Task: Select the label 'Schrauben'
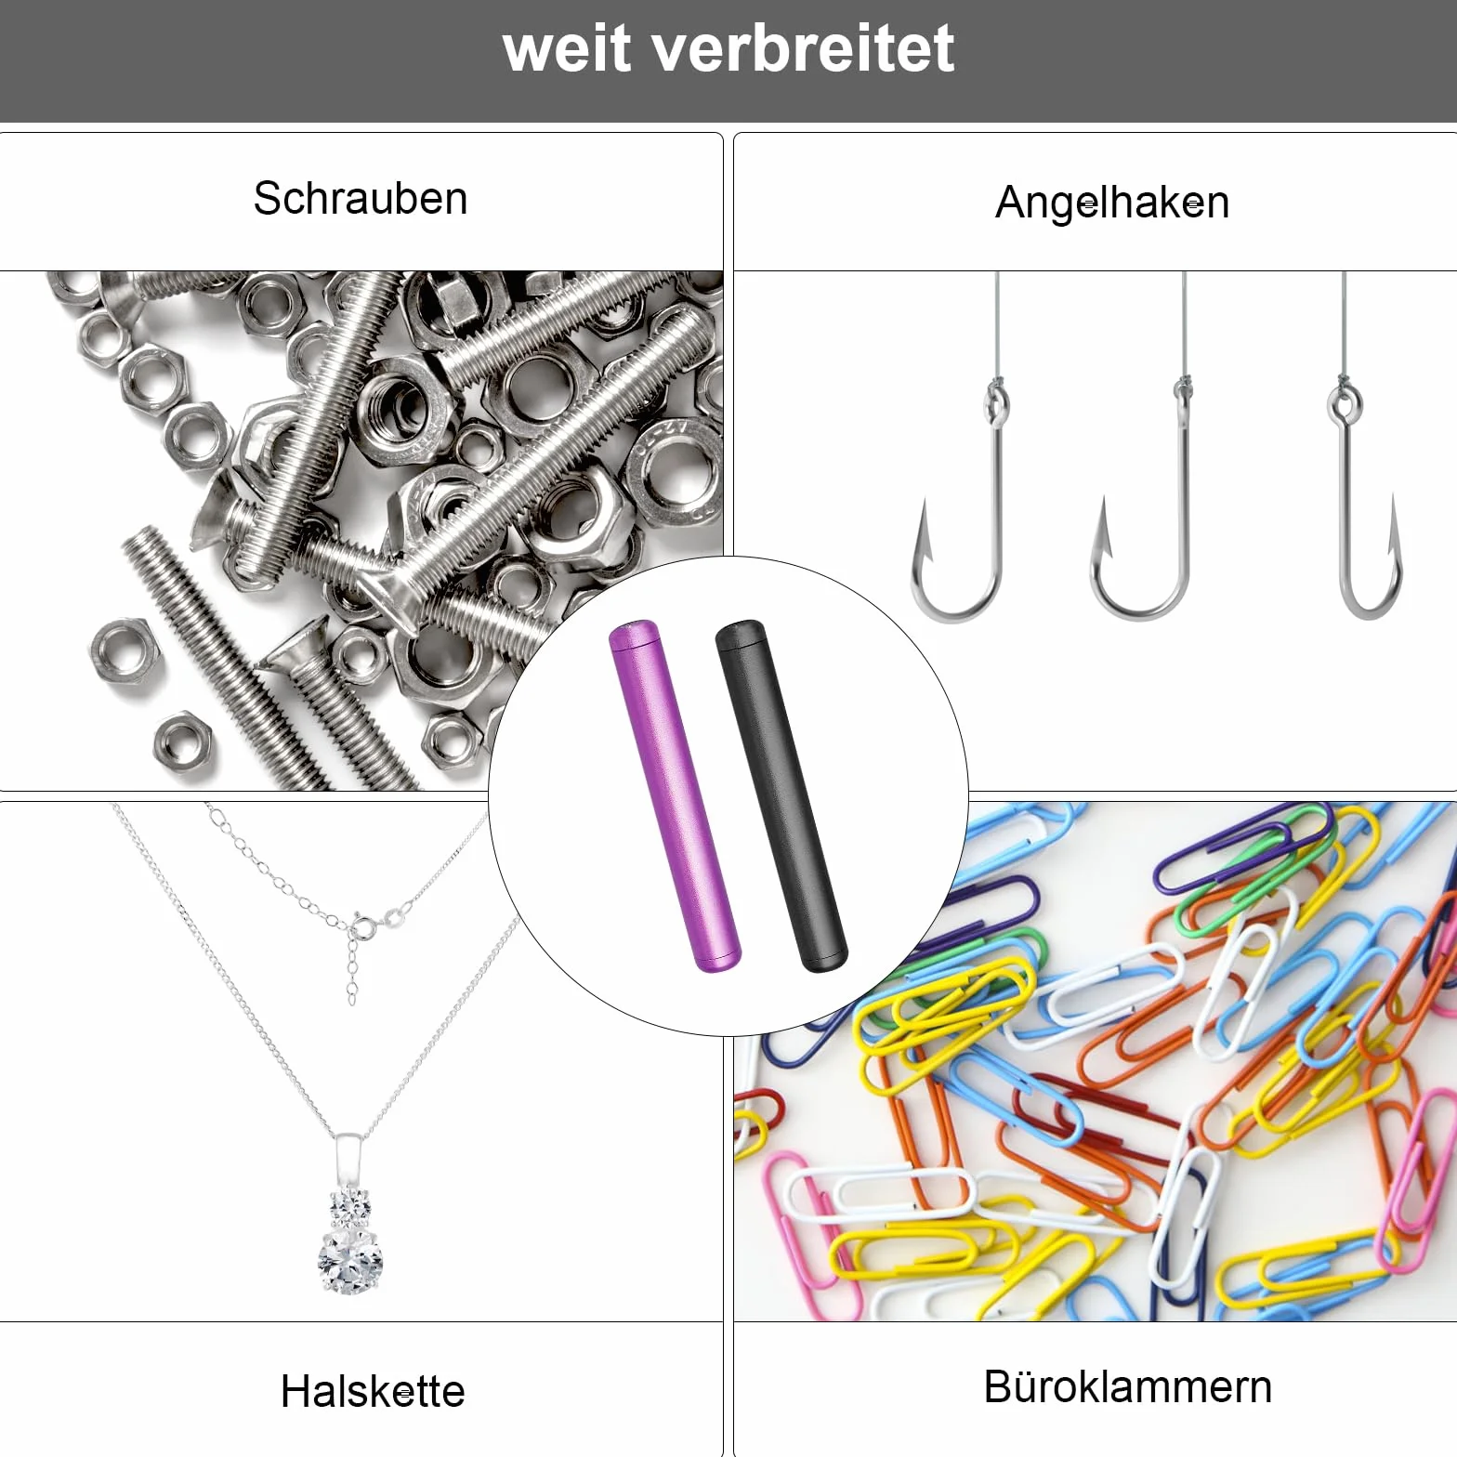click(361, 198)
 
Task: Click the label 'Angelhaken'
click(1112, 203)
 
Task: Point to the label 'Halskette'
click(373, 1391)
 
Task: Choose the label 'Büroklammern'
click(1127, 1387)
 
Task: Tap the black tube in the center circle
click(782, 796)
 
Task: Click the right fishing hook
click(1345, 520)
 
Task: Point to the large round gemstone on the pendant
click(351, 1260)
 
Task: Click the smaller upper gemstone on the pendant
click(351, 1207)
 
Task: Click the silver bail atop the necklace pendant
click(348, 1161)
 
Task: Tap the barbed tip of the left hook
click(925, 504)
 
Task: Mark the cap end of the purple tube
click(633, 635)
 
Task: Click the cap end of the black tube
click(740, 633)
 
